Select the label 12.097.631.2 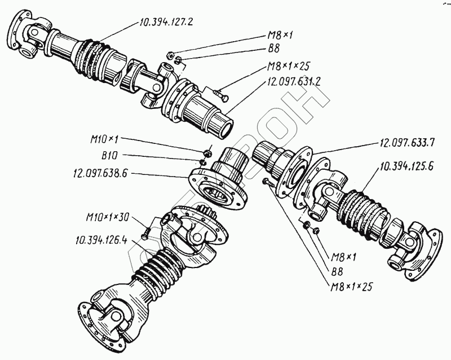(x=292, y=81)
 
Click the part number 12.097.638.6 (x=100, y=174)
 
